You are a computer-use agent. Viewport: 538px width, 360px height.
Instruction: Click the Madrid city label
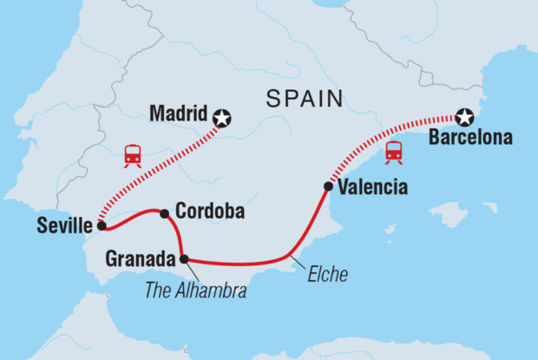pos(179,114)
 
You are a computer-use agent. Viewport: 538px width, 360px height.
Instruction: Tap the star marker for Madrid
pos(223,117)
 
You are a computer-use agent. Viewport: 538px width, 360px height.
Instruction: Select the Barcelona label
pos(469,138)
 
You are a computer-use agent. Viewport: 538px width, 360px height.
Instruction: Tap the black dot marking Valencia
pos(328,186)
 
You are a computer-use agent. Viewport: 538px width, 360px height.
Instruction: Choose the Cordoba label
pos(209,211)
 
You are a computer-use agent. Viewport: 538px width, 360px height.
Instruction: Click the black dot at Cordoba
pos(164,213)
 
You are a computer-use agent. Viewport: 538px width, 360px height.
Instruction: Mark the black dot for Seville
pos(102,226)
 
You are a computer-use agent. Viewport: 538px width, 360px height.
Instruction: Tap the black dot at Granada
pos(184,258)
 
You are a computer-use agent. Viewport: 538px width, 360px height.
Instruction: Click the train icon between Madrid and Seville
pos(133,155)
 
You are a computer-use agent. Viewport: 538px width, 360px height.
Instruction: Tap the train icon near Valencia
pos(394,152)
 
